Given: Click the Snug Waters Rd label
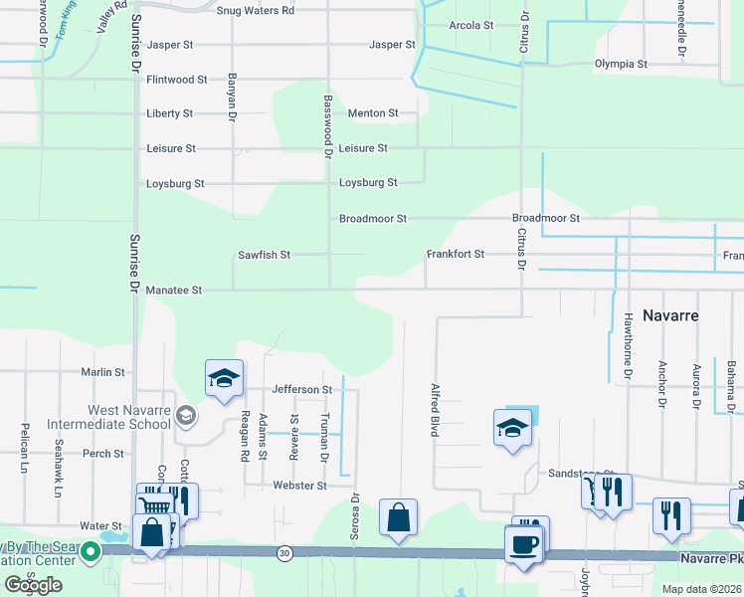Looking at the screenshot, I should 256,10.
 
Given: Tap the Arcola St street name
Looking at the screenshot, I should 471,26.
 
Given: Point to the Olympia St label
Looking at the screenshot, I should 621,64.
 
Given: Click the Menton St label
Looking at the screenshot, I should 373,113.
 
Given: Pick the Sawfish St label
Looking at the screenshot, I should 264,256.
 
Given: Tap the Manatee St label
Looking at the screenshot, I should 174,291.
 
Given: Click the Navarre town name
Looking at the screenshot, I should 670,315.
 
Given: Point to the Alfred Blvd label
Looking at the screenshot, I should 435,410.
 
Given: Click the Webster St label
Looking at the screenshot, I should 300,486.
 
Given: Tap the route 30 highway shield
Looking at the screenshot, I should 285,552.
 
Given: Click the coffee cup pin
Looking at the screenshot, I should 524,545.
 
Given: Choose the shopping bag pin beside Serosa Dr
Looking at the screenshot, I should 398,518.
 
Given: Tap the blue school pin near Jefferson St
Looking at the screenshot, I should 225,378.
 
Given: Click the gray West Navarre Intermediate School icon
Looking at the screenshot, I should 184,414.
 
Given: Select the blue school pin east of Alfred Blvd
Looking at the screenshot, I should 512,428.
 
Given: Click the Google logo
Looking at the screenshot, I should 33,585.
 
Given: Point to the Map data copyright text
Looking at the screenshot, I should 701,589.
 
